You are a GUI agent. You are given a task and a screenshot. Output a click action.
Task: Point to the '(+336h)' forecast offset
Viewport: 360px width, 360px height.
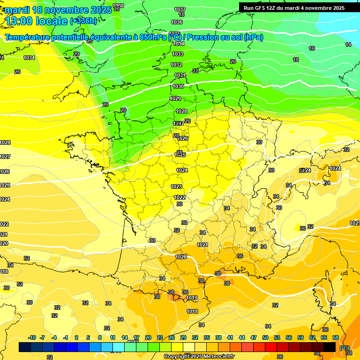[x=83, y=21]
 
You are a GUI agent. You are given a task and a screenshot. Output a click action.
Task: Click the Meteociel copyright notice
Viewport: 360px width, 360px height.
[x=199, y=356]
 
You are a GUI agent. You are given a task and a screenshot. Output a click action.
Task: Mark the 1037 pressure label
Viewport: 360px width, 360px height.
[x=180, y=9]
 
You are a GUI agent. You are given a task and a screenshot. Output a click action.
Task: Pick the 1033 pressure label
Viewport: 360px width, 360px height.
[x=178, y=54]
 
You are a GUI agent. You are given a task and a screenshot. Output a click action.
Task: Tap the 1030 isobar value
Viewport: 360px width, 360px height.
[x=178, y=86]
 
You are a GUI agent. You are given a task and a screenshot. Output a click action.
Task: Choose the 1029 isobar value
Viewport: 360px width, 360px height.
[x=175, y=98]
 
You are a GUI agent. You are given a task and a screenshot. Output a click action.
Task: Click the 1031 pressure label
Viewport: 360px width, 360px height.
[x=180, y=75]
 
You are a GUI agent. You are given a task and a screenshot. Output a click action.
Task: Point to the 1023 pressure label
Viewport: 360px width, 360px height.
[x=176, y=187]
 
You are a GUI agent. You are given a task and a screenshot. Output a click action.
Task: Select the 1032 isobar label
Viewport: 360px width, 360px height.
[x=176, y=65]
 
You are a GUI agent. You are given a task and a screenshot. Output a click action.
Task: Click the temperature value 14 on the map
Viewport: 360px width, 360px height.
[x=348, y=45]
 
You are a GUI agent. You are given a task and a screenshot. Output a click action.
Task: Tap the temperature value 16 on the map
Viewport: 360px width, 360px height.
[x=312, y=48]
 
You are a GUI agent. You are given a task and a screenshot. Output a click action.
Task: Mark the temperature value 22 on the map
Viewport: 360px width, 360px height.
[x=195, y=71]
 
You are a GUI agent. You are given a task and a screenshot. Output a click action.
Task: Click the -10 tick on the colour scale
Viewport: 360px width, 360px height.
[x=32, y=337]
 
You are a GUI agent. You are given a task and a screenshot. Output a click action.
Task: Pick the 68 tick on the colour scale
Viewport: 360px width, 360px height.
[x=336, y=337]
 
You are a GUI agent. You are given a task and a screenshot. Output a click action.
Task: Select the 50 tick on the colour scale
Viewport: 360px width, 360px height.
[x=265, y=337]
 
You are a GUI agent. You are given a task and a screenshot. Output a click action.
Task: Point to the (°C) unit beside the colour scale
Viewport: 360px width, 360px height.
[x=344, y=347]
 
